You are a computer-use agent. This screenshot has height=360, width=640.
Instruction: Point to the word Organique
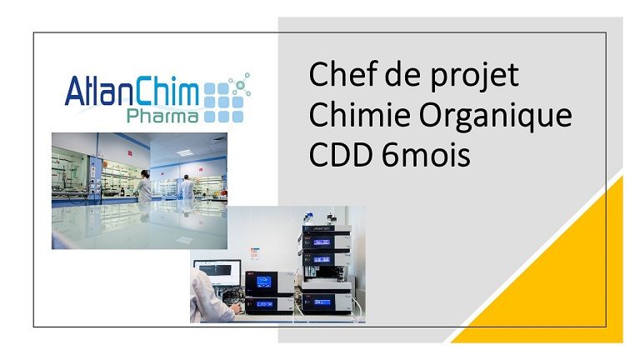(x=496, y=117)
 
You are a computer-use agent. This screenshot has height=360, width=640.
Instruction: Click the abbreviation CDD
(x=341, y=155)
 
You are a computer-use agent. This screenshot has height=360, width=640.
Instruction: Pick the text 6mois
(x=426, y=155)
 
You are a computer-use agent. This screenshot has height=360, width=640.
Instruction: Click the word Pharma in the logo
(x=162, y=116)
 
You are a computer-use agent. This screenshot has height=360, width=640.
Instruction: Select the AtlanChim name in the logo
(x=132, y=91)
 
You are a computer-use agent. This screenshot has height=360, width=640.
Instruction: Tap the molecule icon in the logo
(x=240, y=85)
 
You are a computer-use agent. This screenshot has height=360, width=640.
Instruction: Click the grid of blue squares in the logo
(x=223, y=102)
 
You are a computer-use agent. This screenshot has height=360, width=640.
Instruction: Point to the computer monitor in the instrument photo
(x=217, y=273)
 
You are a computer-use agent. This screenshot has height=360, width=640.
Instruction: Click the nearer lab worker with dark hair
(x=143, y=186)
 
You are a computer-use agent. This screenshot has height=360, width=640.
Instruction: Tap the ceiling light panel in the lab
(x=184, y=152)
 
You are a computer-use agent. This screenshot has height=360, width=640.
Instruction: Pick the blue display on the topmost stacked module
(x=322, y=242)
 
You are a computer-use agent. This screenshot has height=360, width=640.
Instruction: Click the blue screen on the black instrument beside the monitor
(x=263, y=281)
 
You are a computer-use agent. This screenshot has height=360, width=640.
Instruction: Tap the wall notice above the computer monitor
(x=255, y=253)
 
